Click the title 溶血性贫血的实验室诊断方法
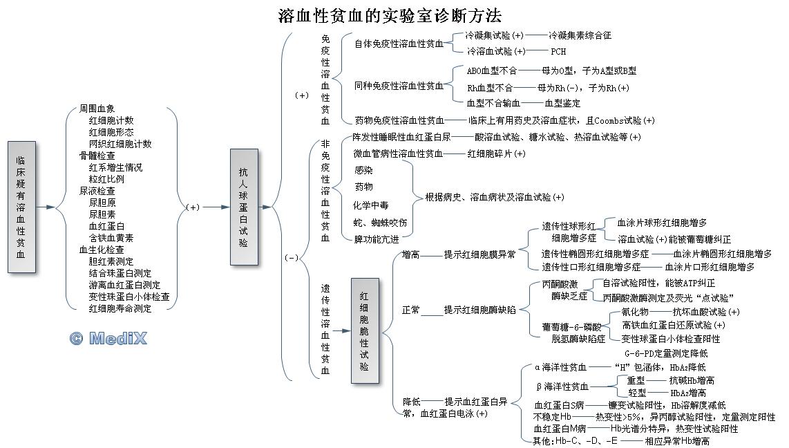pos(390,15)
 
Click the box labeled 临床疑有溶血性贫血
pos(21,207)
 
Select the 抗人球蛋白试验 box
pos(243,207)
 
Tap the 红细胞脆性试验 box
pos(364,330)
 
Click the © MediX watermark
pos(108,339)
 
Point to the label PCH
pos(558,51)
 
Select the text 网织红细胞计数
pos(120,144)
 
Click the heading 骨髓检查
pos(97,156)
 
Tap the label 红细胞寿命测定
pos(120,308)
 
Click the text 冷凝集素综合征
pos(580,35)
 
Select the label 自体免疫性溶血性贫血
pos(399,44)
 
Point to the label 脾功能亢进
pos(377,239)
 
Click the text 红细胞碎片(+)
pos(496,153)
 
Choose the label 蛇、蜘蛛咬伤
pos(381,222)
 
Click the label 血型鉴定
pos(562,103)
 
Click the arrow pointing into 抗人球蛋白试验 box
pos(216,207)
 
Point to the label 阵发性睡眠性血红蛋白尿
pos(401,137)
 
